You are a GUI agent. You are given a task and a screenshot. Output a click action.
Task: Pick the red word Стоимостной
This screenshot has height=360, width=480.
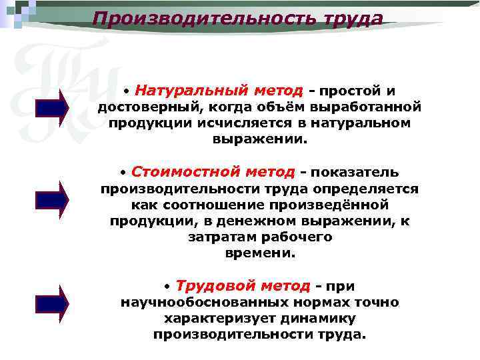[176, 171]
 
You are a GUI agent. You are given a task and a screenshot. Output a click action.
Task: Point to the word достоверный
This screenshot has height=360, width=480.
[152, 107]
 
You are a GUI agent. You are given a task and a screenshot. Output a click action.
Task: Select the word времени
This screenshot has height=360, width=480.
[260, 253]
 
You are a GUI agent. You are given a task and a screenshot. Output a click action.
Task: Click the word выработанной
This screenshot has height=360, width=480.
[371, 107]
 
